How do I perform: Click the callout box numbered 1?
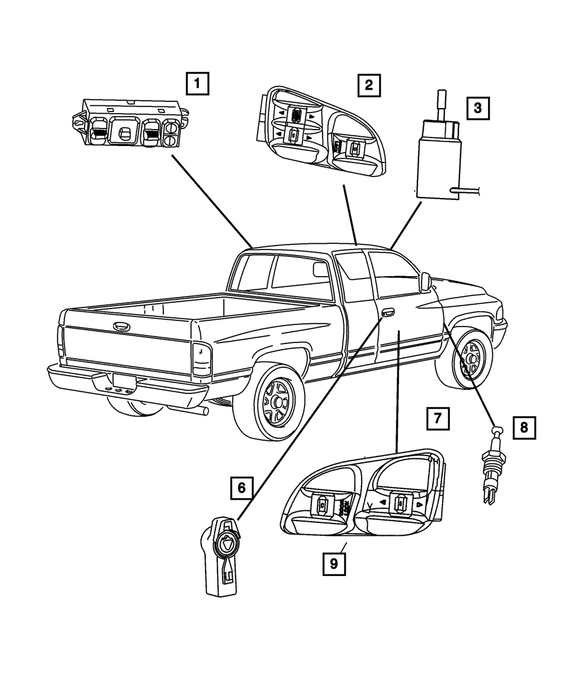point(197,85)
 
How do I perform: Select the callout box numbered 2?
point(368,85)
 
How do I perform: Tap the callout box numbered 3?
point(477,107)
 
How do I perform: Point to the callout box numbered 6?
point(241,487)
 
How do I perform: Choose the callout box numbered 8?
point(524,427)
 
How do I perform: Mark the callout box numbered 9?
point(334,563)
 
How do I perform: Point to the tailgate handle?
point(120,326)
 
